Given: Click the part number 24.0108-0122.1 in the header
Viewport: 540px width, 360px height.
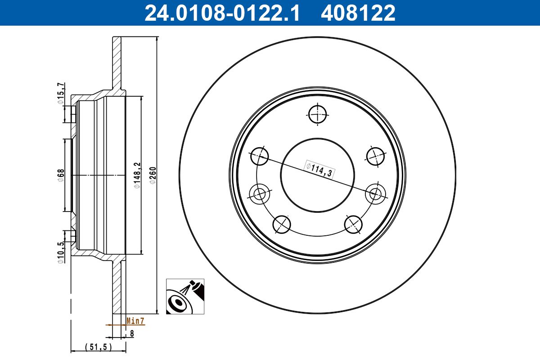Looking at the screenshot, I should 221,13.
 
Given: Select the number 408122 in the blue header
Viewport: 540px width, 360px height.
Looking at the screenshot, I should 358,13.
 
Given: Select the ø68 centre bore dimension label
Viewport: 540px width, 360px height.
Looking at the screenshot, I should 60,175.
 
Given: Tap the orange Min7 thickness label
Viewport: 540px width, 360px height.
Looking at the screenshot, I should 135,321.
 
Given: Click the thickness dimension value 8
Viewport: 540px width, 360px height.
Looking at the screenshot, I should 132,333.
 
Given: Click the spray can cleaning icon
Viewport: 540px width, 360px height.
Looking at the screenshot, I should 185,296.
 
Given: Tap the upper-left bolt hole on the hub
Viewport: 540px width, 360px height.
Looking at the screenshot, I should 259,157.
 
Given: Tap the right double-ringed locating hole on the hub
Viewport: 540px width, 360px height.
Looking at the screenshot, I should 375,193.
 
